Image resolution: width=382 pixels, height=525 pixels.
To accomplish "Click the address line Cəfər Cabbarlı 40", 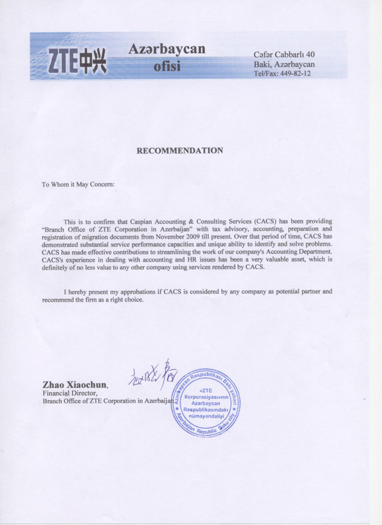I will tap(286, 55).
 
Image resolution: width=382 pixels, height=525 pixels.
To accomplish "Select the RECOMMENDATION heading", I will tap(180, 150).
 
